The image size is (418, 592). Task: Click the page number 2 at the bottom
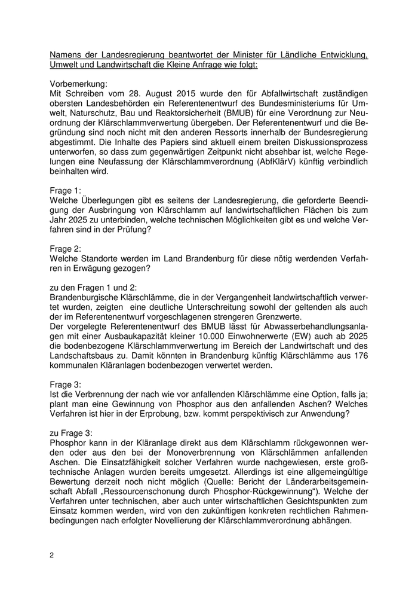[x=52, y=555]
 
